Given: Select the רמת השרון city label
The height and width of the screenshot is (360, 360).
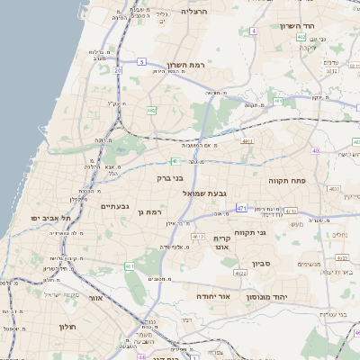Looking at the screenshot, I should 187,65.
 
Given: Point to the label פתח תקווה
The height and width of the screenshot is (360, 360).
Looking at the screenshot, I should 288,181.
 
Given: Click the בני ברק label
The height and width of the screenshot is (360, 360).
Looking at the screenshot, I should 170,178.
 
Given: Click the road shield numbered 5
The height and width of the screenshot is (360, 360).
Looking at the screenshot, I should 141,61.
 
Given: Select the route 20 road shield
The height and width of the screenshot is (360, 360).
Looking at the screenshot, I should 118,68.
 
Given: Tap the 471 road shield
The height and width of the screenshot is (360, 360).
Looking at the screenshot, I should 241,208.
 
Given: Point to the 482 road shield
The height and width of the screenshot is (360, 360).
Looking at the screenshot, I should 151,111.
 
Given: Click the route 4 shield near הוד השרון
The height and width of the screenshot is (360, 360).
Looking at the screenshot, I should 254,31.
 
